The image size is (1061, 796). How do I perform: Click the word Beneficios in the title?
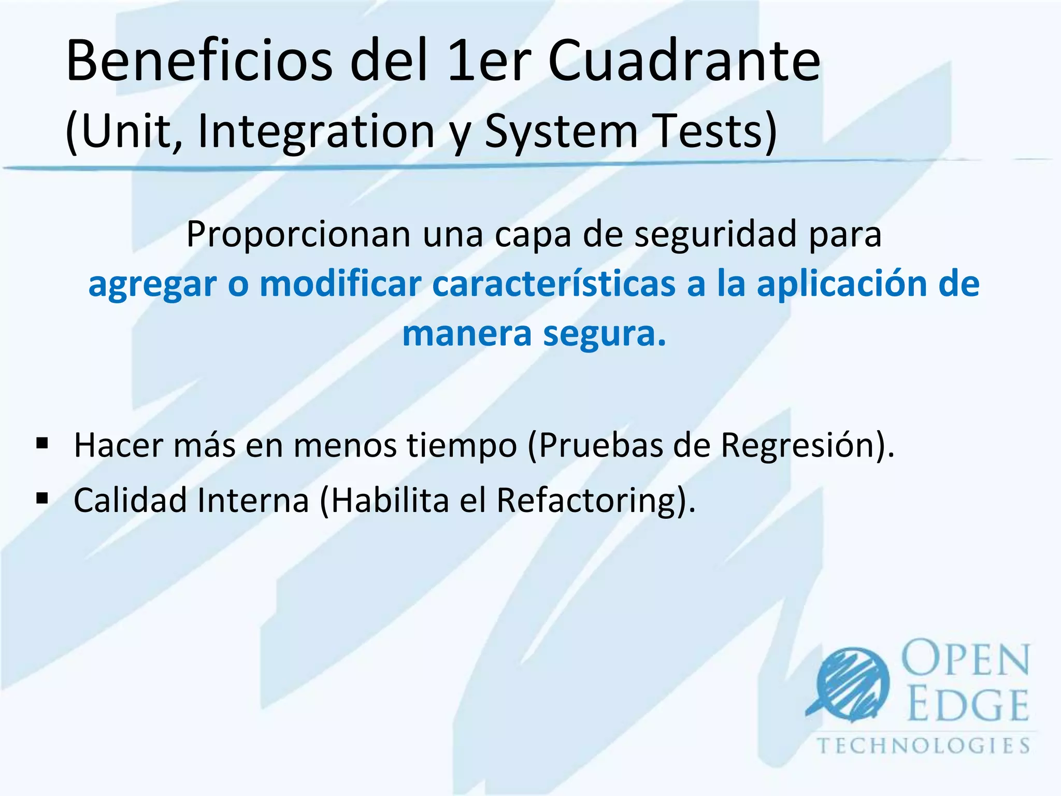click(x=199, y=61)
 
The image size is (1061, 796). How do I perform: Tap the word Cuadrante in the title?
click(x=684, y=61)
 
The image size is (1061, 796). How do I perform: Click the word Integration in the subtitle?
click(x=316, y=132)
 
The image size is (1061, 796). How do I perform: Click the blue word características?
click(x=554, y=284)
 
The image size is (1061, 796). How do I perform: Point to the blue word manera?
click(x=467, y=334)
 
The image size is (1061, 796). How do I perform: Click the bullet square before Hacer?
click(x=42, y=443)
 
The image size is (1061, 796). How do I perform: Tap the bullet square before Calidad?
click(x=42, y=499)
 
